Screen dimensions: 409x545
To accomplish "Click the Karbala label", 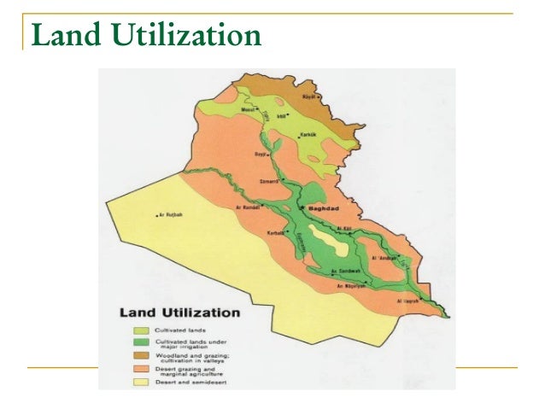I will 272,231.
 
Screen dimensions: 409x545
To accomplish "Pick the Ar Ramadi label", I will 248,207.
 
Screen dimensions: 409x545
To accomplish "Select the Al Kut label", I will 345,228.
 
